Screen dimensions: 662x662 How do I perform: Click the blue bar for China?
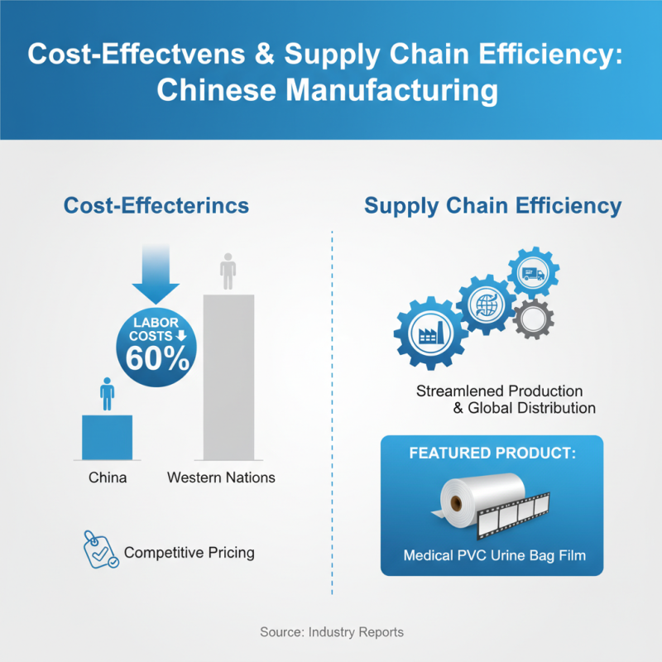pyautogui.click(x=107, y=438)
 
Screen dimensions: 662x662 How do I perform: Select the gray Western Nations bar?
pyautogui.click(x=229, y=377)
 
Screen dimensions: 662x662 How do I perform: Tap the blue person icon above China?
pyautogui.click(x=108, y=394)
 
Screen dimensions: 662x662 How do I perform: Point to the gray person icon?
pyautogui.click(x=228, y=271)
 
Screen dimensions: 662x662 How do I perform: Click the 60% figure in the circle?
pyautogui.click(x=157, y=359)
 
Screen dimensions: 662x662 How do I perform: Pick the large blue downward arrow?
pyautogui.click(x=156, y=274)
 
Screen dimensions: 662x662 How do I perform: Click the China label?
pyautogui.click(x=108, y=477)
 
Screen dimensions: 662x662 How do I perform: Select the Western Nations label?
pyautogui.click(x=221, y=477)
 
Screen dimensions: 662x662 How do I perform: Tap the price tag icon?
pyautogui.click(x=100, y=549)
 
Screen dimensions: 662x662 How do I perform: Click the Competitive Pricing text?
pyautogui.click(x=189, y=553)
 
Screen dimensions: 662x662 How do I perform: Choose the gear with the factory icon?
pyautogui.click(x=430, y=333)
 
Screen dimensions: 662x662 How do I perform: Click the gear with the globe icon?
pyautogui.click(x=487, y=305)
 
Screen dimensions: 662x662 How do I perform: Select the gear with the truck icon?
pyautogui.click(x=533, y=273)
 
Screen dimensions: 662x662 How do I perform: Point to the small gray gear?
pyautogui.click(x=533, y=319)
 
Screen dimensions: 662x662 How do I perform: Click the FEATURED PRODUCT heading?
pyautogui.click(x=492, y=453)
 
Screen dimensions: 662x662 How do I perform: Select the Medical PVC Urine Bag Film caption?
pyautogui.click(x=494, y=555)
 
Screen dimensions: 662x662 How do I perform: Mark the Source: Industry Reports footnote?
pyautogui.click(x=332, y=632)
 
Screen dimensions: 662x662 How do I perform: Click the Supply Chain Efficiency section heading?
pyautogui.click(x=492, y=206)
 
